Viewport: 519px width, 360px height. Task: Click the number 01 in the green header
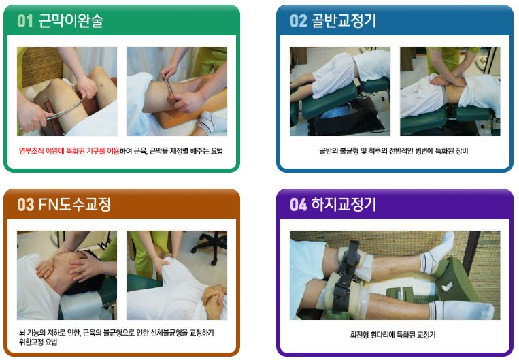tap(25, 20)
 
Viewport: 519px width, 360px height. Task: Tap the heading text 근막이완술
tap(71, 20)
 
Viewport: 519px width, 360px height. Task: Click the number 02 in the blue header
tap(298, 20)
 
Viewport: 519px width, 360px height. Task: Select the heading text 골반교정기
tap(344, 20)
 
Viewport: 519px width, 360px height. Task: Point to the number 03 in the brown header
tap(25, 204)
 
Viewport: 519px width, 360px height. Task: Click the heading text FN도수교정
tap(74, 204)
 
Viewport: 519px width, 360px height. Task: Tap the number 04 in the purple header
tap(298, 204)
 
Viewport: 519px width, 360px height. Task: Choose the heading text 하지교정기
tap(344, 204)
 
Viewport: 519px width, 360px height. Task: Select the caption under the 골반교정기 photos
tap(394, 151)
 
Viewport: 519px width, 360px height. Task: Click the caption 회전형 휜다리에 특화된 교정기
tap(393, 335)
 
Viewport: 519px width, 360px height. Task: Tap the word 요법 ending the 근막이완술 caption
tap(217, 151)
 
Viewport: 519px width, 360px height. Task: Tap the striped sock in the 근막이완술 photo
tap(212, 122)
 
